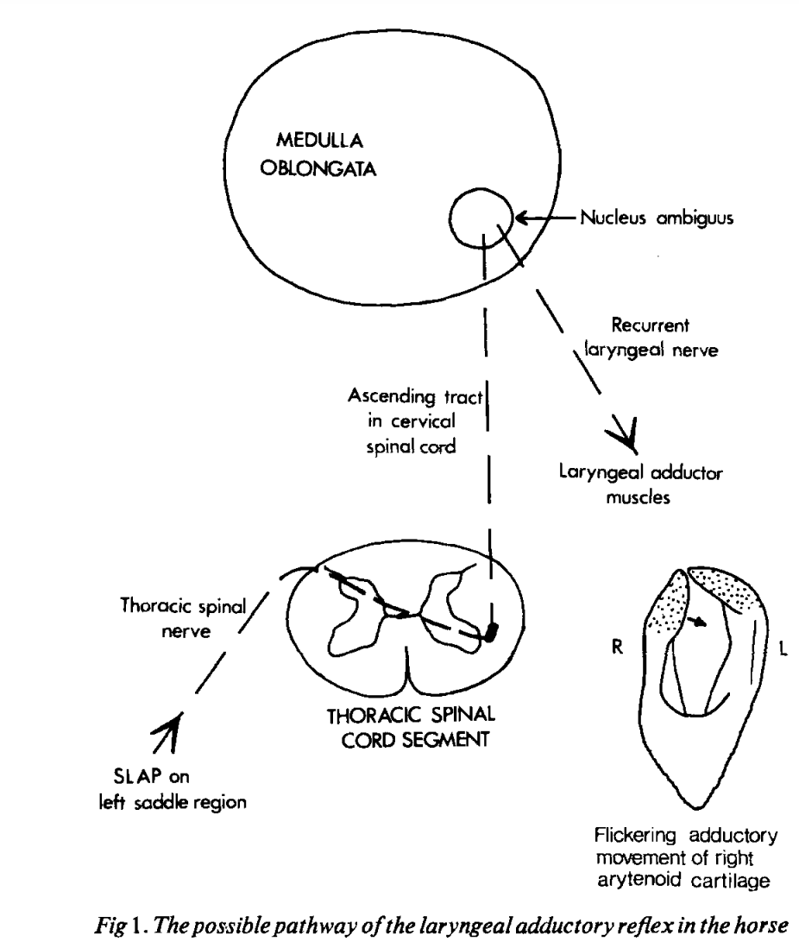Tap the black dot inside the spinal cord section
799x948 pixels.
[491, 632]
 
